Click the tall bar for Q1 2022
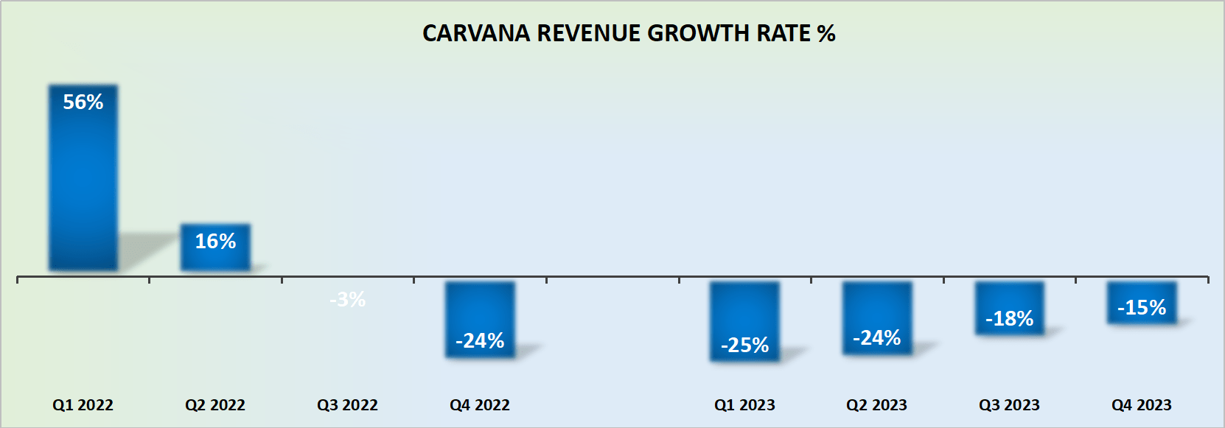click(x=83, y=184)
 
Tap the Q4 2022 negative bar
click(x=480, y=309)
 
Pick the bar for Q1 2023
click(x=744, y=309)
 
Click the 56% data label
click(x=83, y=102)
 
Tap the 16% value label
click(x=215, y=242)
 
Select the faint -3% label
click(x=347, y=300)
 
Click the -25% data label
click(x=744, y=345)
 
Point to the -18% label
click(x=1009, y=319)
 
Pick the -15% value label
click(x=1141, y=308)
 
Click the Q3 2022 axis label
click(x=347, y=405)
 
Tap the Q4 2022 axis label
click(x=480, y=405)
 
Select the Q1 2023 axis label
click(x=744, y=405)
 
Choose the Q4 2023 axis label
click(x=1141, y=405)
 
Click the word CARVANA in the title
click(x=475, y=34)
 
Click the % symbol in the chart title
click(x=826, y=34)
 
